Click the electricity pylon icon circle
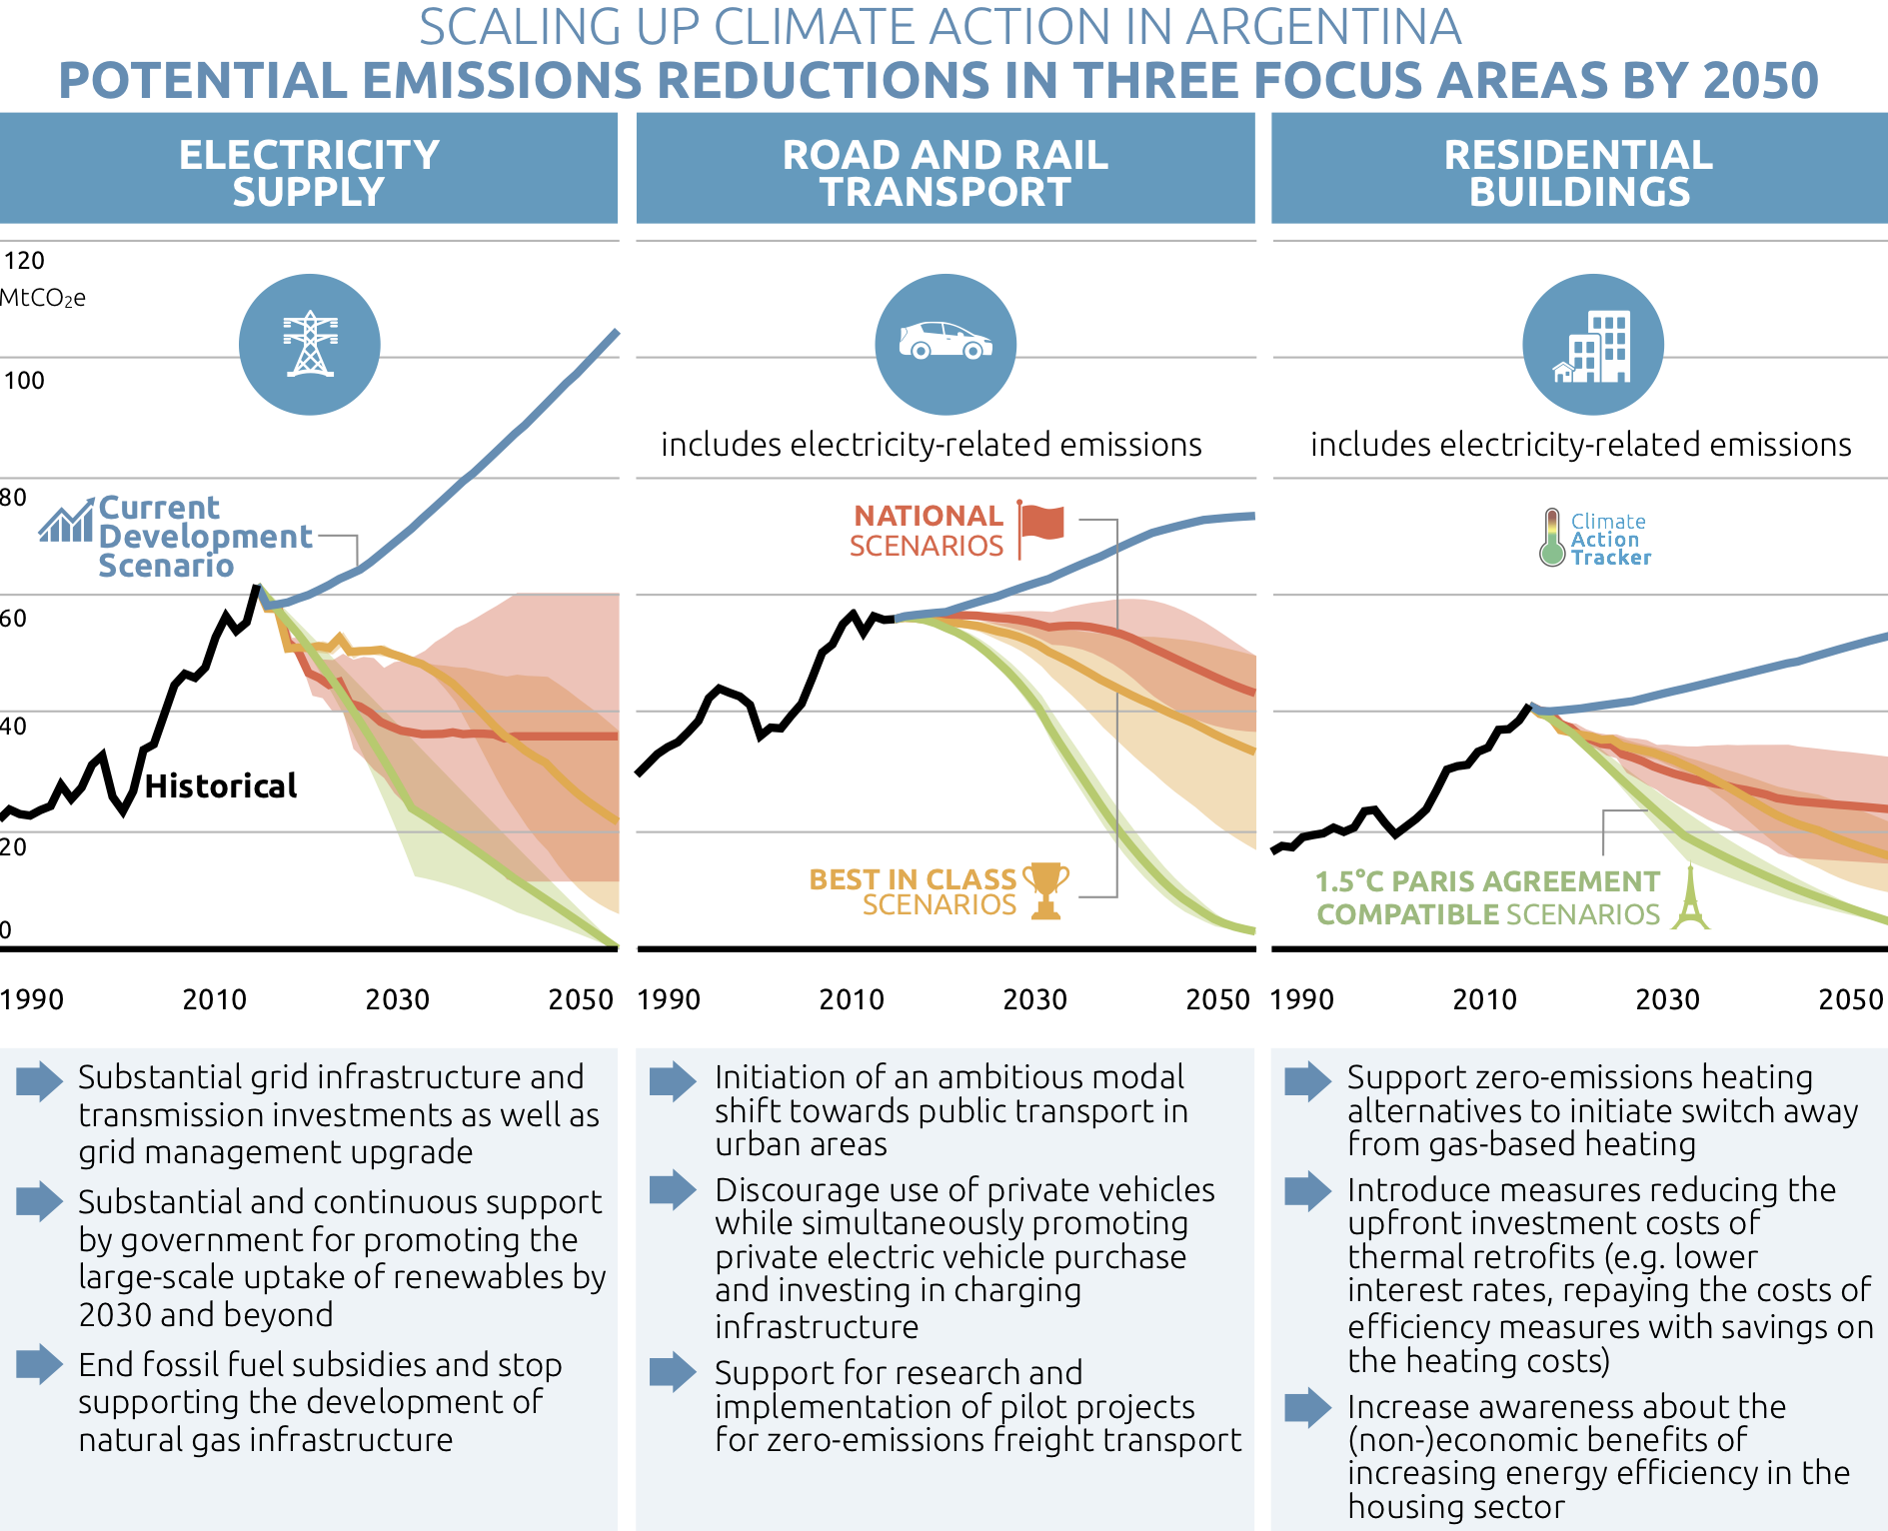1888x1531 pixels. coord(310,344)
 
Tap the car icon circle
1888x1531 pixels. coord(945,344)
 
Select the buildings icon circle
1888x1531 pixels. coord(1592,344)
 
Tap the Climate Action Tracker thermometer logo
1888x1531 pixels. coord(1551,538)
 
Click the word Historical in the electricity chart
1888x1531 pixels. coord(221,786)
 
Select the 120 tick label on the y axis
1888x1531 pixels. coord(24,261)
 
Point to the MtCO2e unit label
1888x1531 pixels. coord(43,298)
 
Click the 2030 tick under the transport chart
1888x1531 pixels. coord(1034,999)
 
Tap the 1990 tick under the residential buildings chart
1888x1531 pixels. coord(1301,999)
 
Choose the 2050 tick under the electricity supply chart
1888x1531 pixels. coord(581,999)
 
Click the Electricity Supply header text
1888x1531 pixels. coord(309,173)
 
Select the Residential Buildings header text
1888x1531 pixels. coord(1579,173)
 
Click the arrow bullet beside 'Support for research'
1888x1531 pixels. coord(673,1371)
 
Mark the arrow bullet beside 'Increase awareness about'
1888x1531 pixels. coord(1307,1406)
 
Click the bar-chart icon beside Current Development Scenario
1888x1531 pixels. coord(67,521)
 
